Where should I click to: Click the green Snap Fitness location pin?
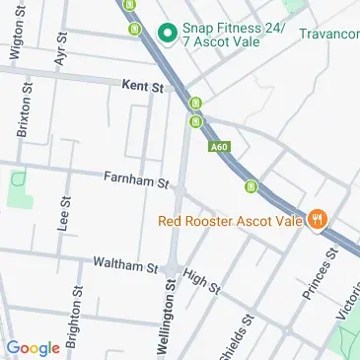pos(167,34)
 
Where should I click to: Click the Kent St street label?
pos(142,87)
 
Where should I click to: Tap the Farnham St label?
pos(137,180)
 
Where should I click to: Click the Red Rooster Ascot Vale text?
pos(231,220)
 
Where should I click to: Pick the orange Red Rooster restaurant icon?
pos(318,220)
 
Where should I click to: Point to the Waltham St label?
pos(125,265)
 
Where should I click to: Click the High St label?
pos(201,281)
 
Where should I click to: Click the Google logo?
pos(33,347)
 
